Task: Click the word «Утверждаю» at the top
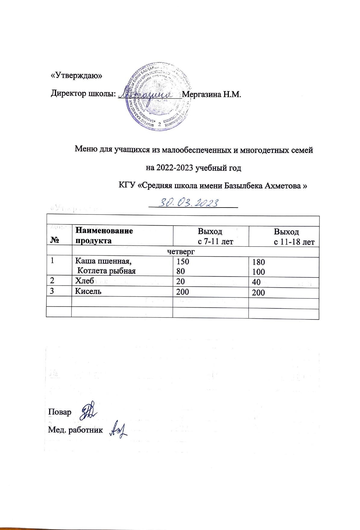pos(76,76)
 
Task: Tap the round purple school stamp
pos(159,98)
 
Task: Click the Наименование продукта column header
pos(104,236)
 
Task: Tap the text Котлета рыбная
pos(106,271)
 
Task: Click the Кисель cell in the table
pos(88,291)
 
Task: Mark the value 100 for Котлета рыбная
pos(259,272)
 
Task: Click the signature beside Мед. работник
pos(118,428)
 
